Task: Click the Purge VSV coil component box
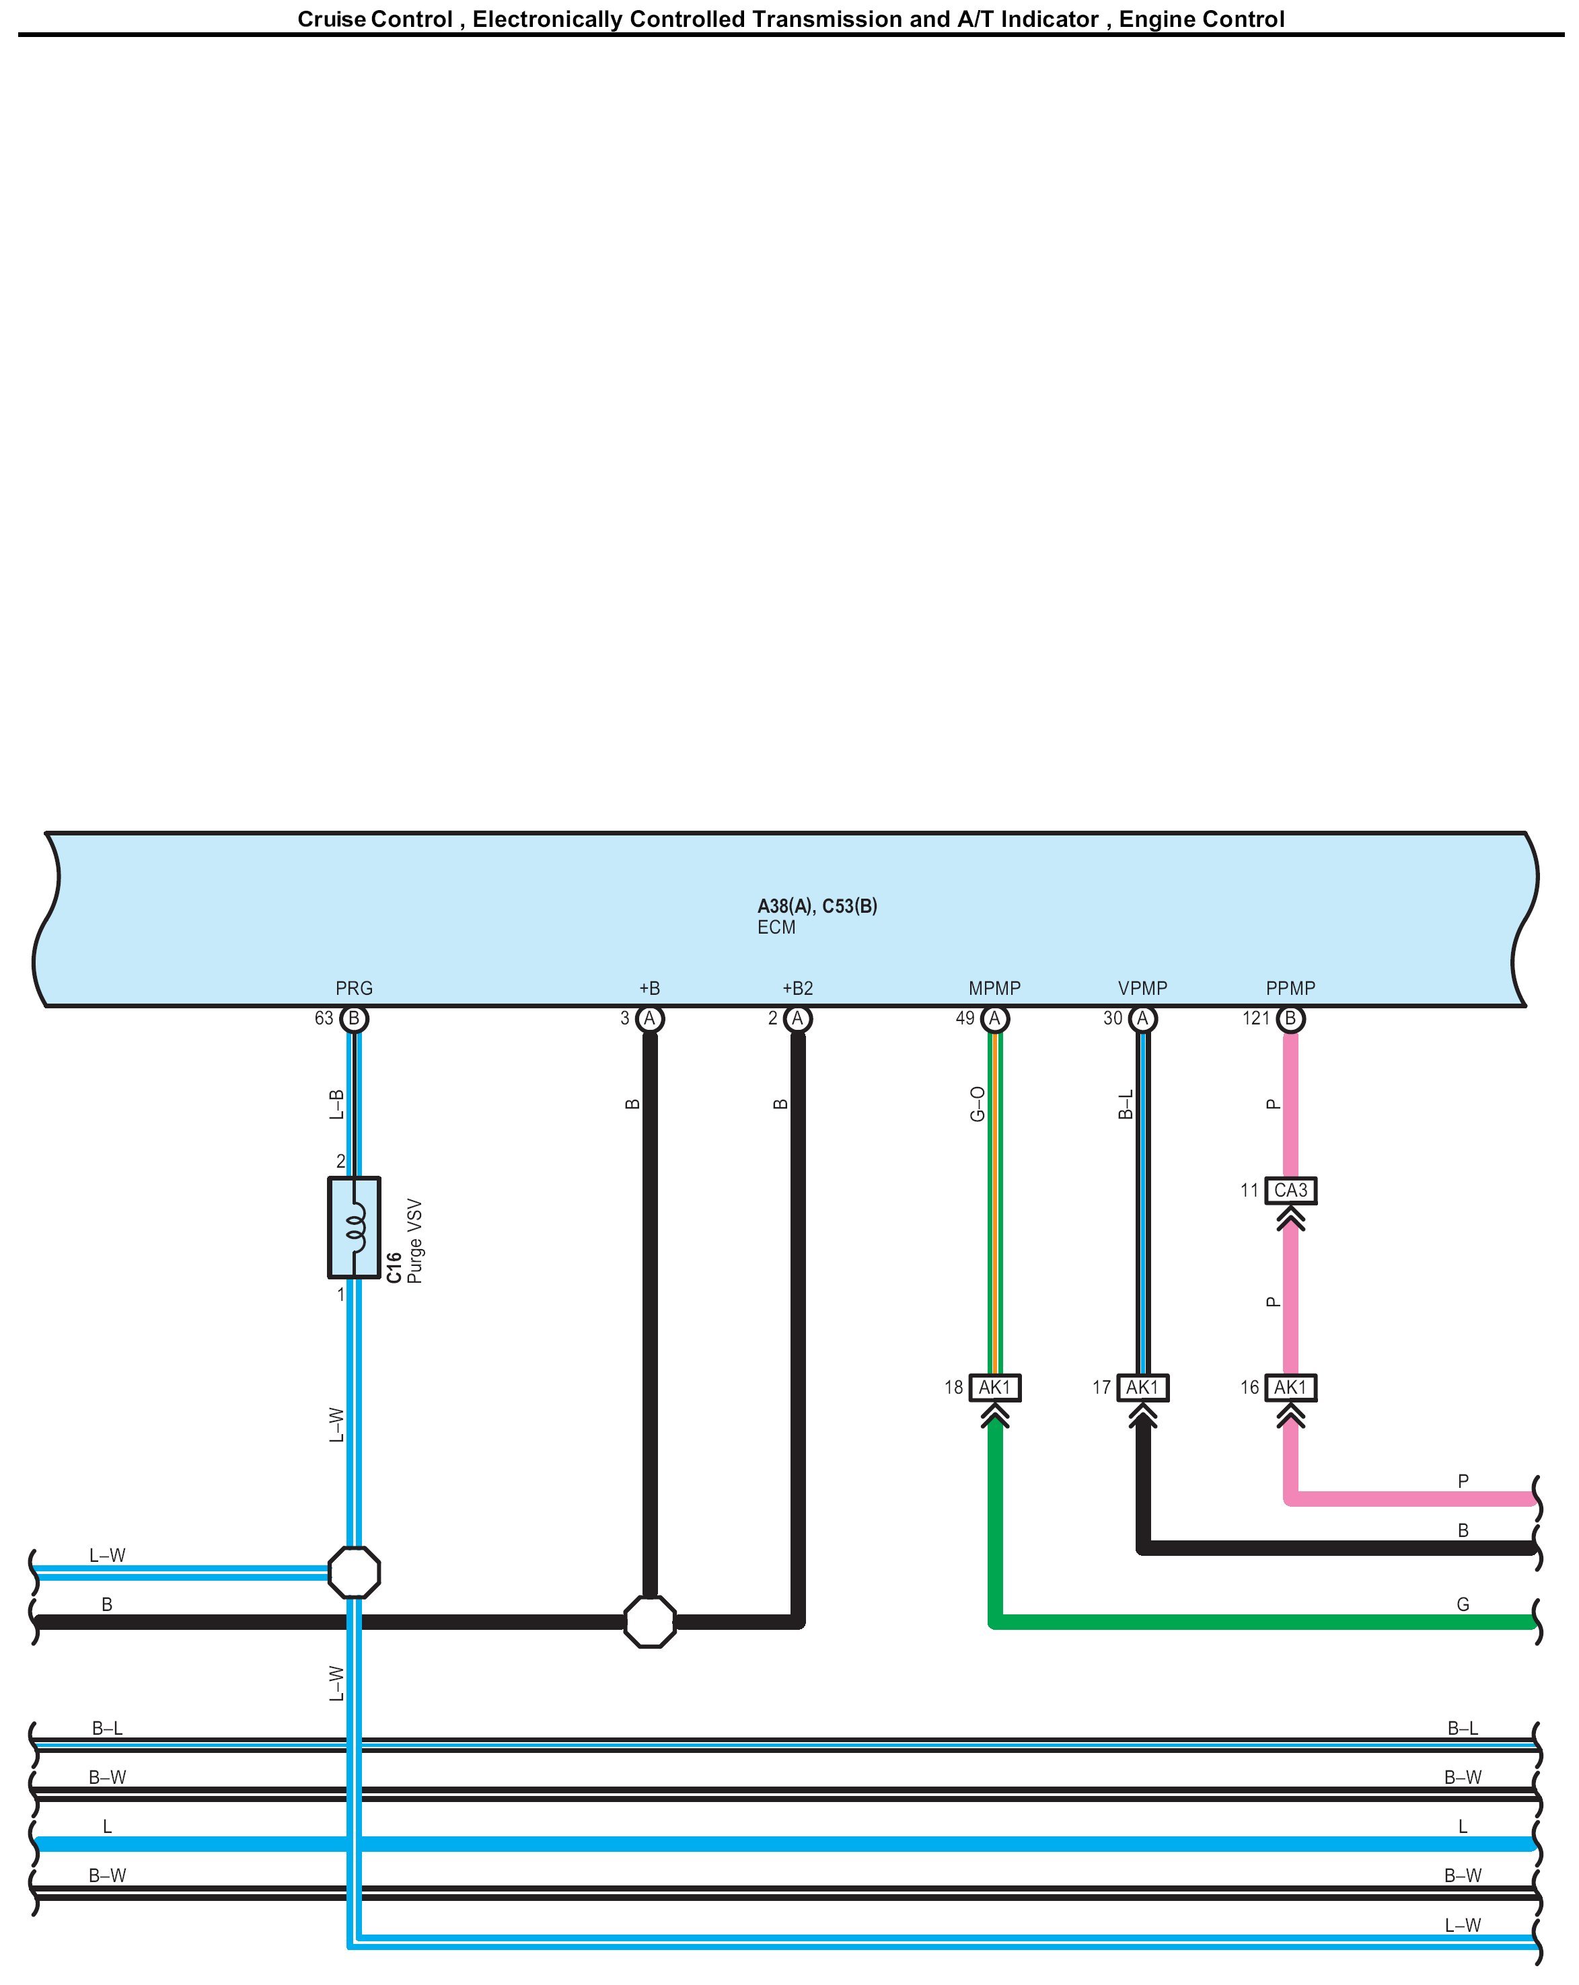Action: point(354,1228)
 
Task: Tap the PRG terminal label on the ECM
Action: point(354,988)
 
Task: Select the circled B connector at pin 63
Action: point(354,1018)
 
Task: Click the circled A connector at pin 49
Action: point(994,1018)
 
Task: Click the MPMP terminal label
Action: point(994,988)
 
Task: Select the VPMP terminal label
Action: point(1142,988)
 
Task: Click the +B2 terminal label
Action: point(797,988)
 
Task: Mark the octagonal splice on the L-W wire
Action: point(354,1573)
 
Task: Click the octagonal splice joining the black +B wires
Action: point(649,1622)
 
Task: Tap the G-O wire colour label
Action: point(978,1104)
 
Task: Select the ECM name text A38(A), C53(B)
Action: point(817,906)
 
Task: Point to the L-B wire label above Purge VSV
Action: point(337,1104)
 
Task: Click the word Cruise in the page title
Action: point(330,20)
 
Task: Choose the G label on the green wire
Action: point(1462,1604)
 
